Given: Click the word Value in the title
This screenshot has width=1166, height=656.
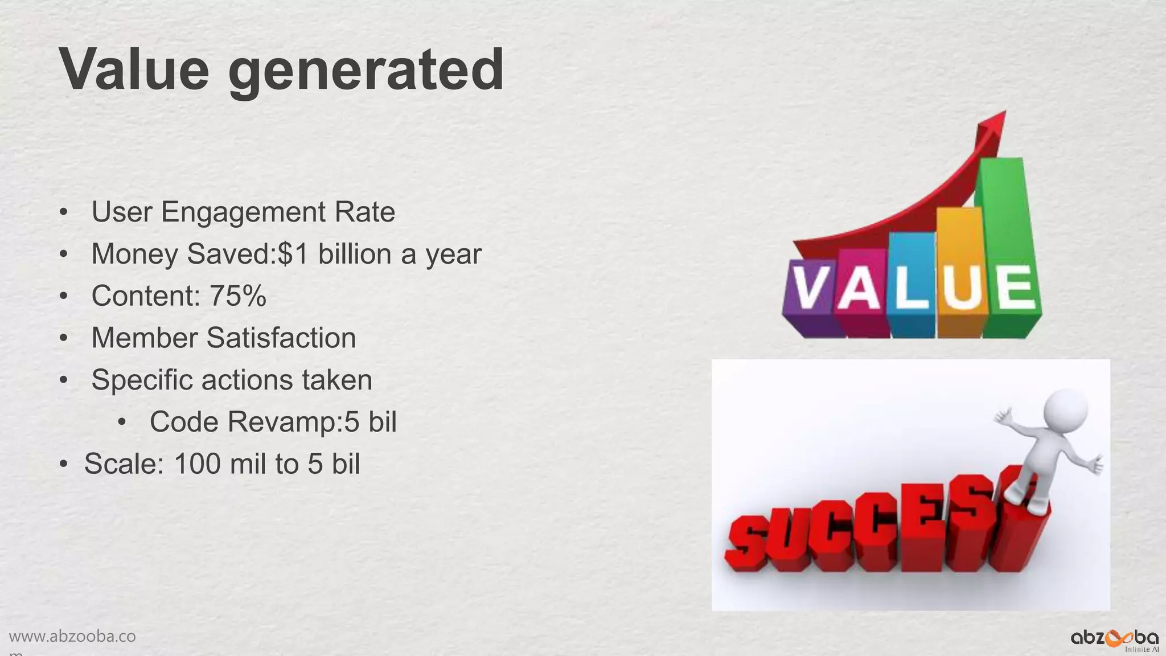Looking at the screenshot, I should [x=134, y=69].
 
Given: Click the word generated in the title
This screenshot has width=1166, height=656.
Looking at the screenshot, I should [x=366, y=72].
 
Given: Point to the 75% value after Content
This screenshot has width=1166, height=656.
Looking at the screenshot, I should [x=237, y=296].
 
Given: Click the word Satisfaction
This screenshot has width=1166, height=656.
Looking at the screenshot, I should [x=281, y=338].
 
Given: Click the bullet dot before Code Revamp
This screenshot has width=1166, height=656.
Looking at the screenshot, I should [x=122, y=423].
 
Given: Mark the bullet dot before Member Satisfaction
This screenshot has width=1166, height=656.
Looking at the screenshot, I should [x=64, y=338].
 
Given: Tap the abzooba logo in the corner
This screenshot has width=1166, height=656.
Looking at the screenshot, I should [x=1114, y=638].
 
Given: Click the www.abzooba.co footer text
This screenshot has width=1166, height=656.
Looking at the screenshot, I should [x=72, y=637].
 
